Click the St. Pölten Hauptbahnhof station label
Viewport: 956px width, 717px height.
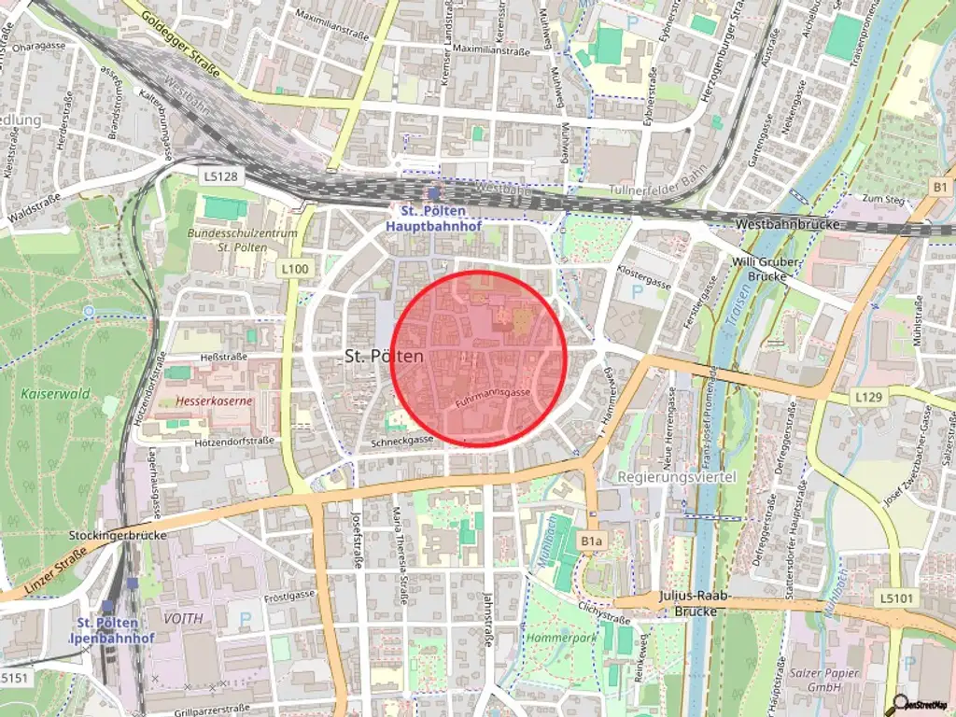(428, 218)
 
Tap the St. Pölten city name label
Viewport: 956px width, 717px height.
(384, 356)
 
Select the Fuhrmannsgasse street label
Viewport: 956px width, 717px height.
(493, 399)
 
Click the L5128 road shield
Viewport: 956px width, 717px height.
(219, 175)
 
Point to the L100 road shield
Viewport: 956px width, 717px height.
(294, 269)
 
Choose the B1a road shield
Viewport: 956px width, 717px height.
(592, 541)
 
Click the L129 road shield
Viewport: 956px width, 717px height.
(867, 398)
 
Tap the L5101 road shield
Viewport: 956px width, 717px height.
(899, 597)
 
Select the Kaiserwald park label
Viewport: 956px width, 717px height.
(55, 393)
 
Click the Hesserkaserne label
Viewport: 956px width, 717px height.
(215, 401)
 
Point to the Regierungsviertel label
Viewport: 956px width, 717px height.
(677, 477)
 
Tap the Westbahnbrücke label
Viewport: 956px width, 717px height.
(788, 225)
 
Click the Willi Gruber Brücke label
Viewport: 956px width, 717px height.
(766, 270)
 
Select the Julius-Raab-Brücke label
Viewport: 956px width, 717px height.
(693, 603)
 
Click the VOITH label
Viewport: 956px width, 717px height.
(183, 618)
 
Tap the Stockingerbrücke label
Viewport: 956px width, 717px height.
(118, 536)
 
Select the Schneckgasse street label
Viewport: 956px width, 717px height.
(401, 441)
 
